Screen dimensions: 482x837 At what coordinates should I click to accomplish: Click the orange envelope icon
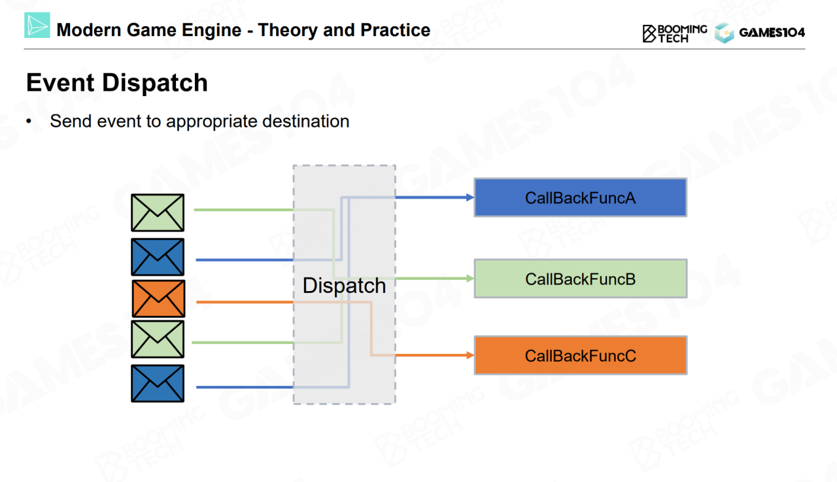(x=158, y=298)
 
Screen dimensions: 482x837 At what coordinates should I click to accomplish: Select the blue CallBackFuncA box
(x=580, y=198)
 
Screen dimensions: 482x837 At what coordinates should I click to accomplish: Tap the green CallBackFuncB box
(x=580, y=279)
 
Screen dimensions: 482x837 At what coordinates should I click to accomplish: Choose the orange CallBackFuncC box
(x=580, y=356)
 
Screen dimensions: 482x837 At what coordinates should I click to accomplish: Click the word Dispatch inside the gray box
(x=344, y=286)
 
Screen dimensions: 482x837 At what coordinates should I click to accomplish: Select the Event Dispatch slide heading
(x=117, y=83)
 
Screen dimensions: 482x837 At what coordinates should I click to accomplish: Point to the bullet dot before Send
(x=29, y=122)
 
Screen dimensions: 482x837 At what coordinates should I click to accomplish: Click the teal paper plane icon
(x=37, y=26)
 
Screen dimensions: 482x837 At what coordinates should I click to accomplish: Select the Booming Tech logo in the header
(x=674, y=33)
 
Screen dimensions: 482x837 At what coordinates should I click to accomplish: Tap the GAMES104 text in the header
(x=772, y=33)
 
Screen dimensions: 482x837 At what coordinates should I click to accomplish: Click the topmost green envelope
(x=158, y=213)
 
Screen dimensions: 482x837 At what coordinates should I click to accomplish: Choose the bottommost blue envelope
(x=158, y=383)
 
